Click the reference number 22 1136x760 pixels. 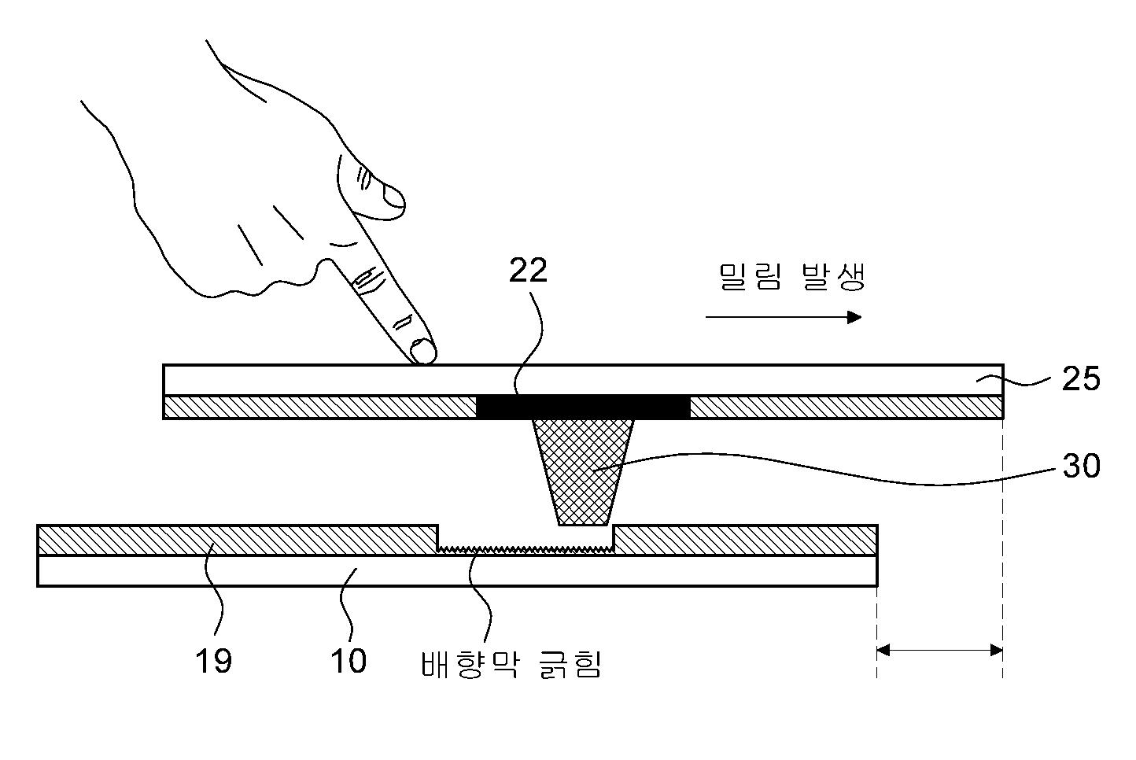pos(528,271)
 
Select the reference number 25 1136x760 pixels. pos(1080,379)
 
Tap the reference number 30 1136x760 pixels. pos(1081,467)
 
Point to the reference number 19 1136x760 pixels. pos(213,661)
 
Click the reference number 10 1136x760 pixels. pos(348,661)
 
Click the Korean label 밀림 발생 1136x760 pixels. pos(791,277)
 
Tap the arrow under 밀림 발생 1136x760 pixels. pos(783,317)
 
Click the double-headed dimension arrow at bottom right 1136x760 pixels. pos(939,651)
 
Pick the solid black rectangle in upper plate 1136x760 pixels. pos(583,407)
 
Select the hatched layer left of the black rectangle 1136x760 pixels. pos(319,408)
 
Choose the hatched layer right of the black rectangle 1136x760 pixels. pos(846,408)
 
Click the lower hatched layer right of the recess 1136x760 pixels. pos(744,539)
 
